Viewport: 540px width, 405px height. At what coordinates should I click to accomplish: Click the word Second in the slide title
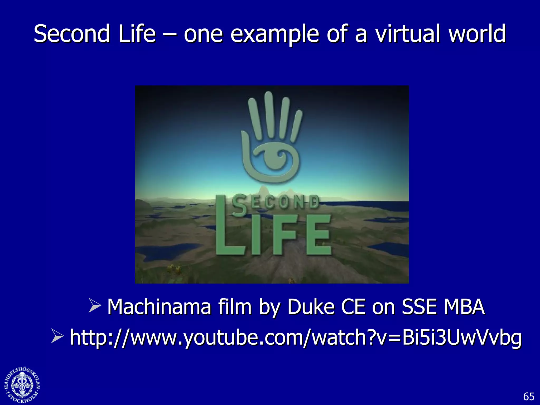(71, 34)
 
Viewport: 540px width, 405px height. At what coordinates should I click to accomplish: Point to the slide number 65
(528, 396)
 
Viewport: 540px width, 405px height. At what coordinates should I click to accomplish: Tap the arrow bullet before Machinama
(95, 306)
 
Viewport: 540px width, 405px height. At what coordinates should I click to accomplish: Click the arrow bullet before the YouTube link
(57, 336)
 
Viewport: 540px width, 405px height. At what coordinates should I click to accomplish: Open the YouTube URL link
(296, 337)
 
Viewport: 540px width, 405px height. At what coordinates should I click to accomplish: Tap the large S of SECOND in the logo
(239, 205)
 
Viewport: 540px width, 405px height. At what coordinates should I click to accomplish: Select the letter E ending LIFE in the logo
(318, 235)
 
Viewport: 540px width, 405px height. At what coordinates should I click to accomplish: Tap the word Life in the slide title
(137, 34)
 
